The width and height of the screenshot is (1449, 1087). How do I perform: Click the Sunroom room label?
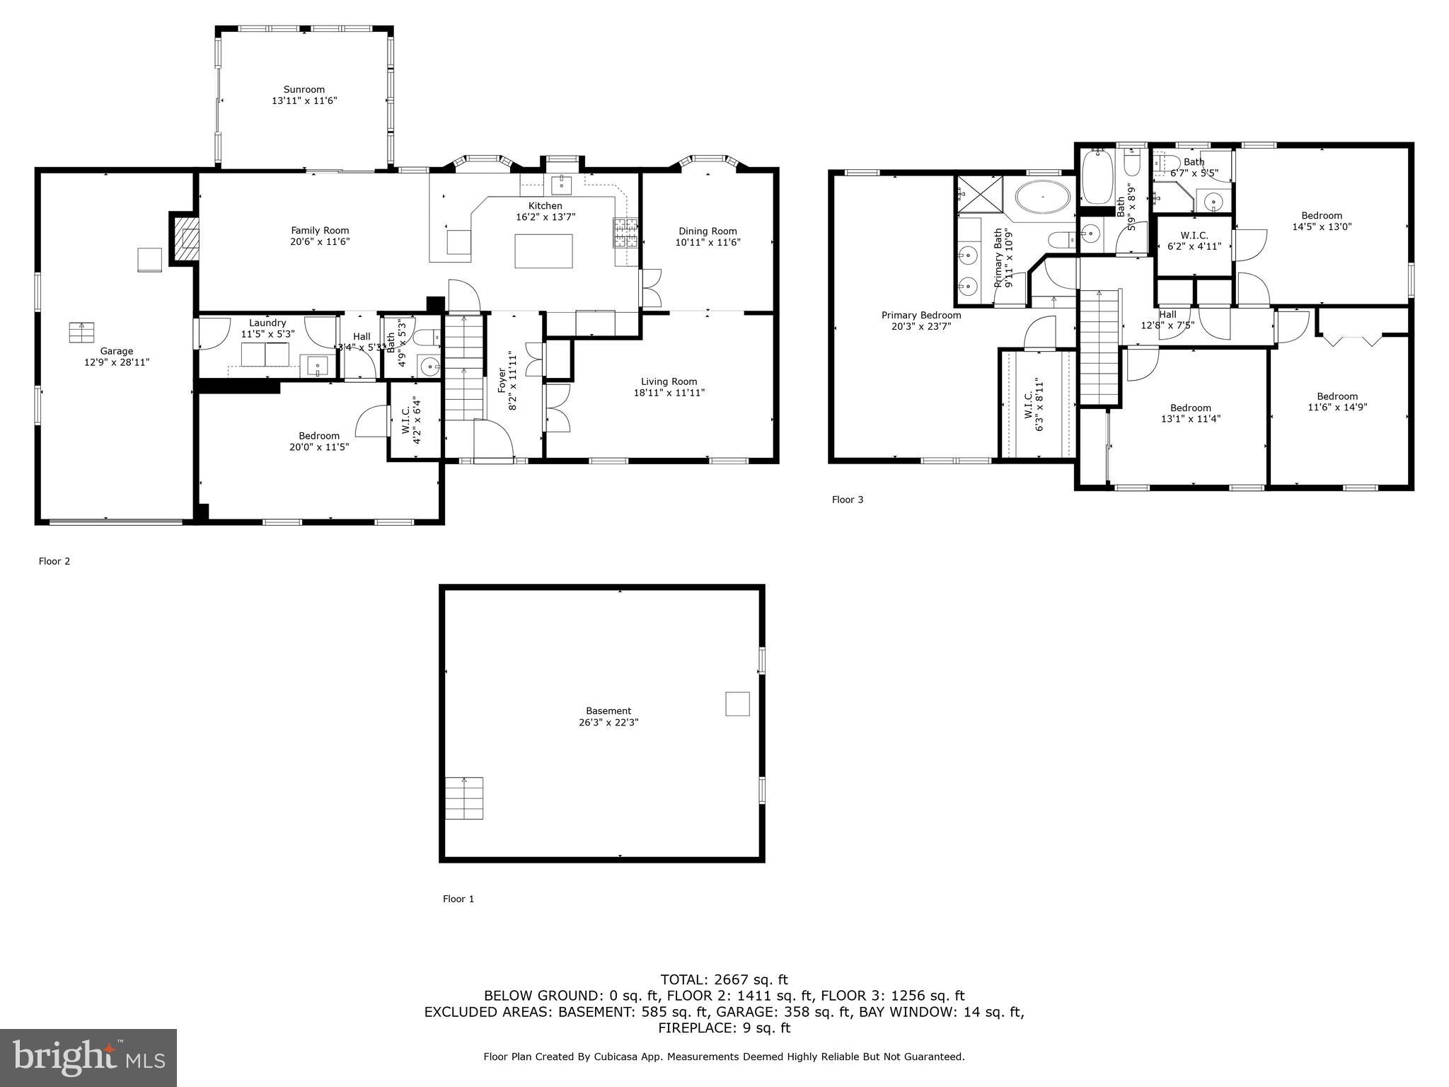(x=304, y=90)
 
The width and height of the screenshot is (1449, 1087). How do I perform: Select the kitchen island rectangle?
(x=543, y=251)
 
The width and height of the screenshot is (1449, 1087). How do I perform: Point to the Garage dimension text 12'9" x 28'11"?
(x=116, y=362)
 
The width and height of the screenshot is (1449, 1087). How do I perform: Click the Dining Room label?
(x=708, y=231)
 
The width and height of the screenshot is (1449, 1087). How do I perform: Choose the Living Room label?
(x=669, y=381)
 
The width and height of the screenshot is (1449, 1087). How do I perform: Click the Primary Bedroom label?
(x=921, y=316)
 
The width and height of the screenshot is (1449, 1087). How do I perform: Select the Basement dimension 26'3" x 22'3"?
(x=608, y=723)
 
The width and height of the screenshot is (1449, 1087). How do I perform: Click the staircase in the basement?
(x=464, y=798)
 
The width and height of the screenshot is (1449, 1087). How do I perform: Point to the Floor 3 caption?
(x=848, y=500)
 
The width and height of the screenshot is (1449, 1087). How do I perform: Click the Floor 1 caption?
(x=458, y=899)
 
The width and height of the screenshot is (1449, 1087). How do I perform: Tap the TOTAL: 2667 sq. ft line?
(x=724, y=979)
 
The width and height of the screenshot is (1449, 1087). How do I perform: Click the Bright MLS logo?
(x=88, y=1057)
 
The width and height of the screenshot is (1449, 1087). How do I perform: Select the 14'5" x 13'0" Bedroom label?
(x=1322, y=216)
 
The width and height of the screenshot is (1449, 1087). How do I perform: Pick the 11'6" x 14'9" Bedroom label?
(x=1337, y=396)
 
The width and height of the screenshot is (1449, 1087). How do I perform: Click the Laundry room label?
(x=267, y=323)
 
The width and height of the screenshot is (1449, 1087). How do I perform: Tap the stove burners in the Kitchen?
(x=625, y=233)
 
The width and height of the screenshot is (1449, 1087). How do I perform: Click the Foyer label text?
(x=502, y=381)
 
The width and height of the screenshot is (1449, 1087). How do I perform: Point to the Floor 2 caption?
(x=54, y=561)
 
